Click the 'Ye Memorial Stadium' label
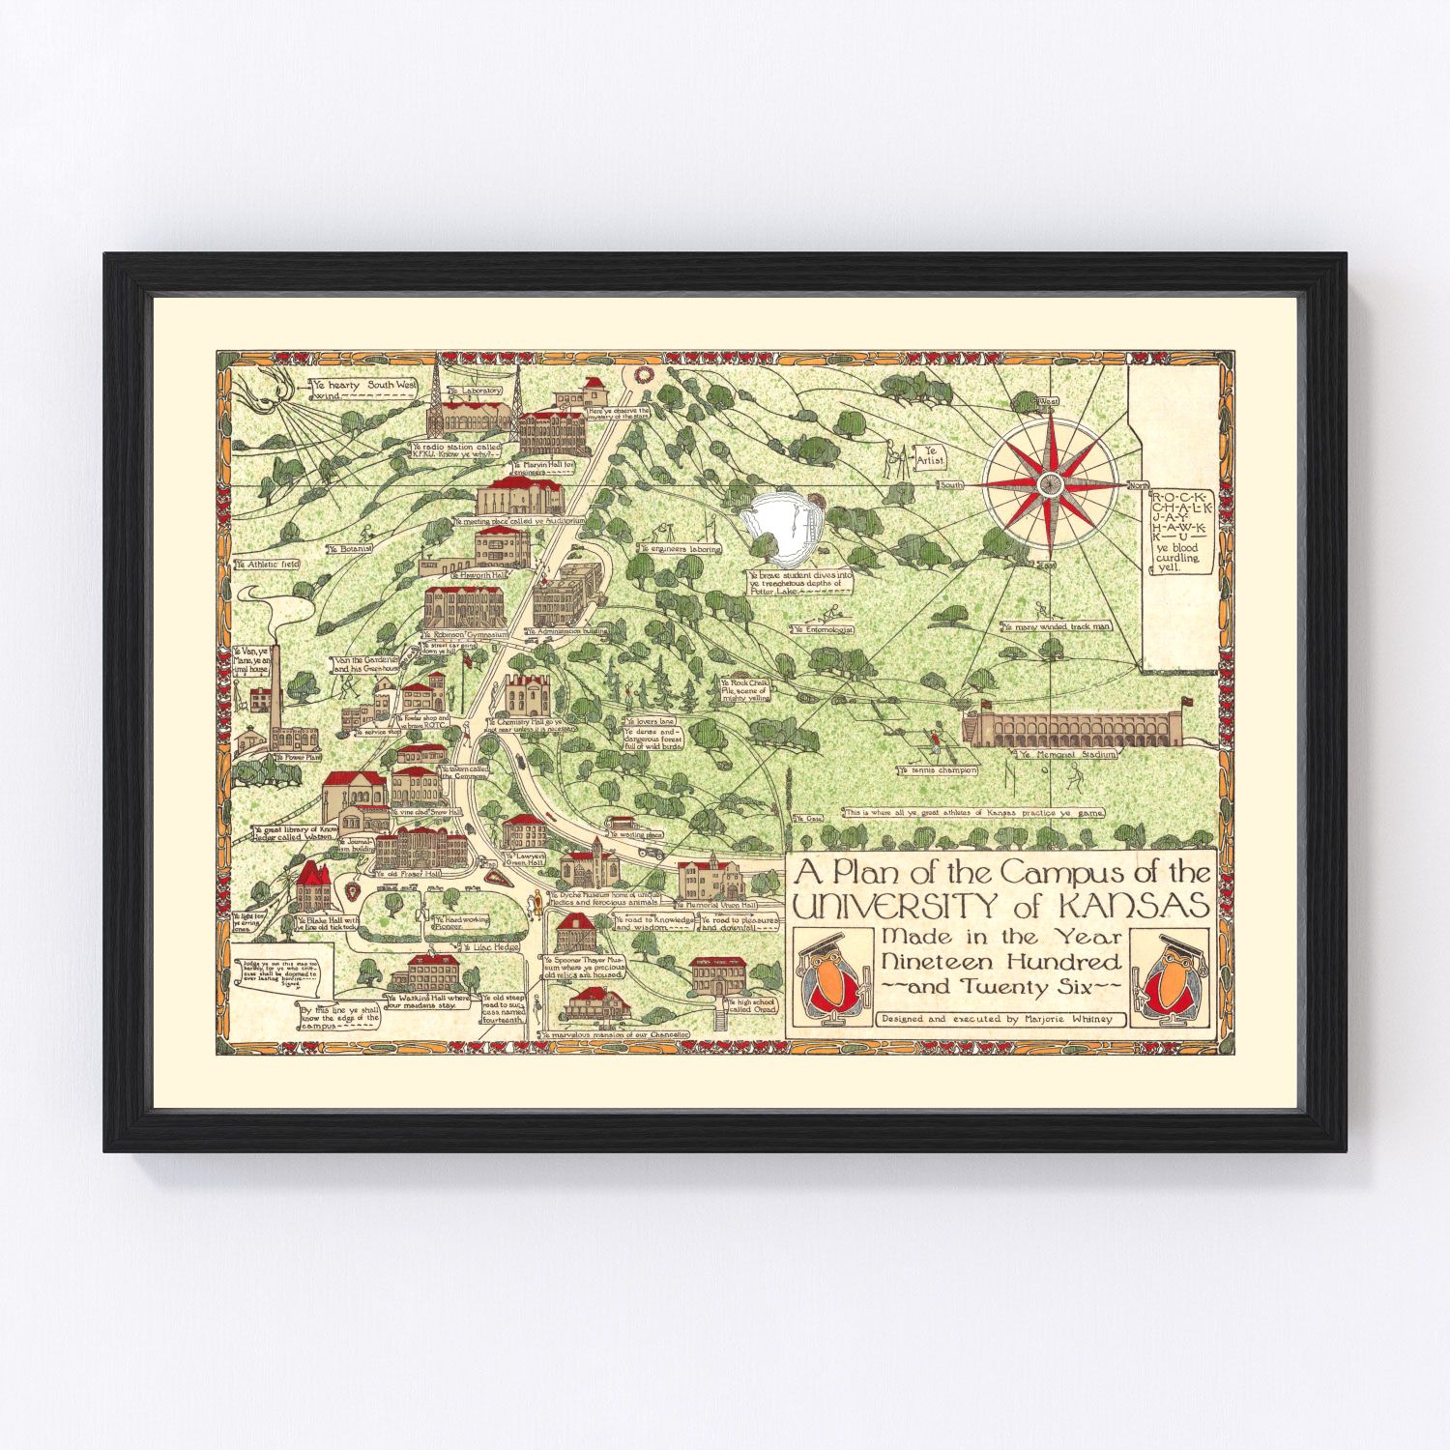point(1066,754)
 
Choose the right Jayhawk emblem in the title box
point(1170,979)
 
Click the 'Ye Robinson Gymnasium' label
point(464,635)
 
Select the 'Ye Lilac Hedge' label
point(494,947)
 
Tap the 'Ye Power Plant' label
point(298,758)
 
